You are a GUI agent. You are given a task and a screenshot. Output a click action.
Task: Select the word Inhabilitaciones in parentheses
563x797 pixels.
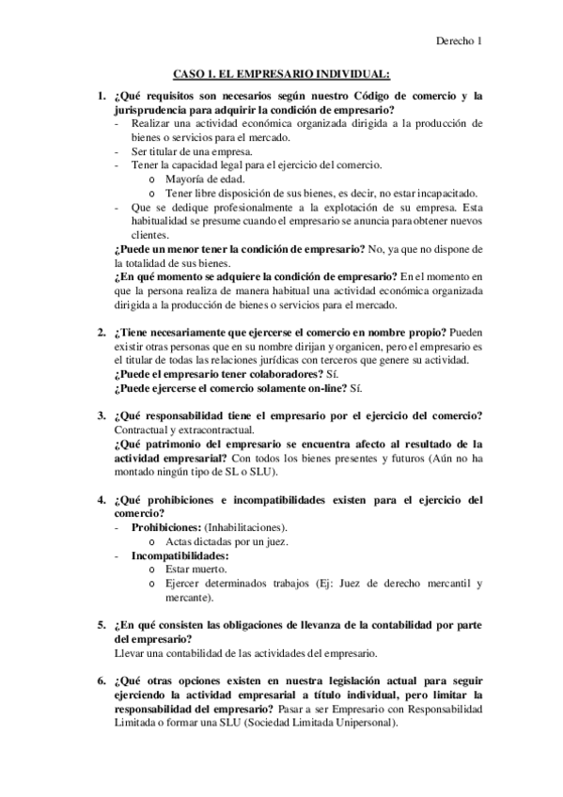pyautogui.click(x=247, y=527)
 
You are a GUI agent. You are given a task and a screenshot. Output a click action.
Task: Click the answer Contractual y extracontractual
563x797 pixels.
pyautogui.click(x=185, y=430)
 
